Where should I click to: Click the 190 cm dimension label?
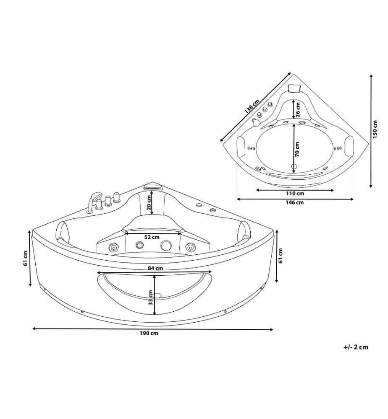(x=149, y=333)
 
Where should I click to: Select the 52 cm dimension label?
(x=152, y=237)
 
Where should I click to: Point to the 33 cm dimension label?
(x=151, y=297)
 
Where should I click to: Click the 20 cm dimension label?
(x=149, y=202)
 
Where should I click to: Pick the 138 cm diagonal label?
(x=252, y=106)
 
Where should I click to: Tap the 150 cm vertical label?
(x=375, y=129)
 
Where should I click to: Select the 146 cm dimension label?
(x=294, y=202)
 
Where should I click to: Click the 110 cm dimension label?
(x=295, y=194)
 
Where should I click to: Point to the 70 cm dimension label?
(x=297, y=149)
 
